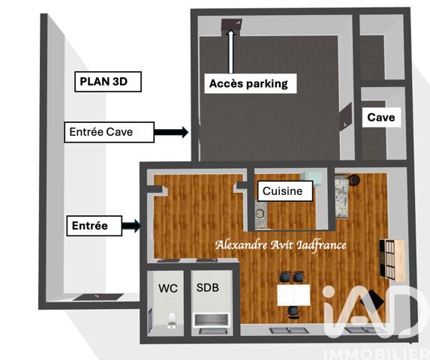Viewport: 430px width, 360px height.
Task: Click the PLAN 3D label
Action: pos(108,82)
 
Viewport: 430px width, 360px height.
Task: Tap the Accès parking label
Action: pos(248,83)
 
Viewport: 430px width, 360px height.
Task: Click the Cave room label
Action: pos(380,118)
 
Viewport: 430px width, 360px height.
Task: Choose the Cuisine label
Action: pos(283,191)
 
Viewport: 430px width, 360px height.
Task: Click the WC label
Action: pos(167,287)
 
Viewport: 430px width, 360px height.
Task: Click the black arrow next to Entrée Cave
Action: pos(171,132)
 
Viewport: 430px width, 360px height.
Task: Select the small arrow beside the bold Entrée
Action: pos(131,224)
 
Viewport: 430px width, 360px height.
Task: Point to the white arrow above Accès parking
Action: pos(231,49)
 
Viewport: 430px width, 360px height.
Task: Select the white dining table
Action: pos(293,295)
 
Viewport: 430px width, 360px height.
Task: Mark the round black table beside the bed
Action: pos(356,180)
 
